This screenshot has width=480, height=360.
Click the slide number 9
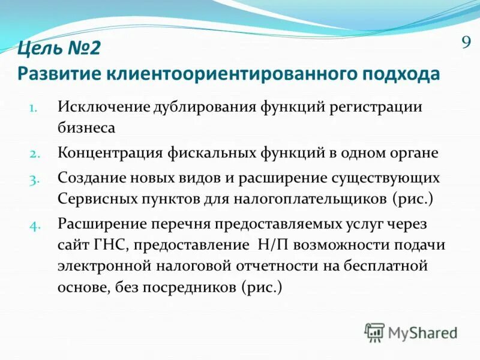(x=465, y=43)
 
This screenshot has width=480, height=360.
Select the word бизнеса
(x=86, y=127)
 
